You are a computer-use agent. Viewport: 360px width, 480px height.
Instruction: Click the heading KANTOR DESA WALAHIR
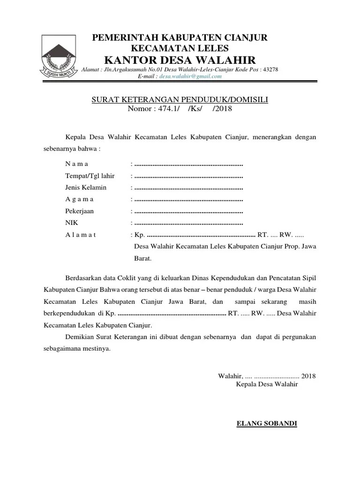coord(180,60)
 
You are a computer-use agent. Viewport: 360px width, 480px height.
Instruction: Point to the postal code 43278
coord(271,69)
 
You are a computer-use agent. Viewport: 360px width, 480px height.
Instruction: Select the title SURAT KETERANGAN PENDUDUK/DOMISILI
coord(180,99)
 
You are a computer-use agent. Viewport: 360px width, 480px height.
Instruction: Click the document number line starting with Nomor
coord(180,109)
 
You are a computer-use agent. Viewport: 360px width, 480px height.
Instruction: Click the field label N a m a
coord(76,164)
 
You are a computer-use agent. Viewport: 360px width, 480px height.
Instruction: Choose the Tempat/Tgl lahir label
coord(90,176)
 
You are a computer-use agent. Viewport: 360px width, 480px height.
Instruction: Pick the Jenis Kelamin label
coord(86,187)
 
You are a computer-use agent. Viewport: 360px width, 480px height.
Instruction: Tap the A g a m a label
coord(79,199)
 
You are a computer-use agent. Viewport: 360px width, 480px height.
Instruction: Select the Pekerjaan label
coord(79,211)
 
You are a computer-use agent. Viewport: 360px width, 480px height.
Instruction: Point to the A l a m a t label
coord(81,235)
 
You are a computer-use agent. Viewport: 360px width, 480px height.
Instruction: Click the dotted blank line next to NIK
coord(188,223)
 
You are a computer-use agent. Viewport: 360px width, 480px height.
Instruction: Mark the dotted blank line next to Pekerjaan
coord(188,211)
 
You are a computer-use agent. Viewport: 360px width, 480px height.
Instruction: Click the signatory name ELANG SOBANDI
coord(267,424)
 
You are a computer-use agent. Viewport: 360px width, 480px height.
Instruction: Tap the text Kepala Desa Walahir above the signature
coord(267,384)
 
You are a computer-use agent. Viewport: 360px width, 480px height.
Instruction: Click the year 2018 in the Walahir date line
coord(308,375)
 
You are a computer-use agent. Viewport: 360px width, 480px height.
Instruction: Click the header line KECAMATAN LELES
coord(180,47)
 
